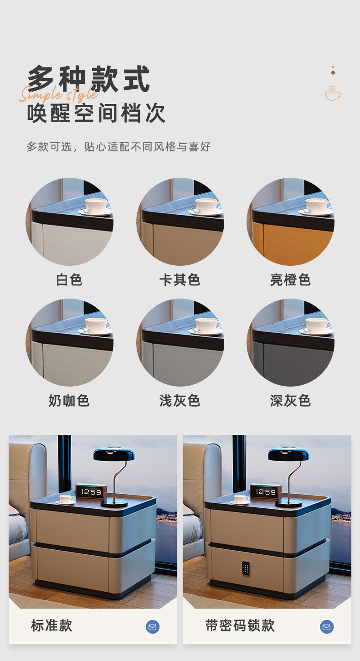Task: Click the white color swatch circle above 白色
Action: [69, 222]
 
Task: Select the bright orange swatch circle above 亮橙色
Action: [290, 222]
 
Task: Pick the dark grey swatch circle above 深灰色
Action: [290, 342]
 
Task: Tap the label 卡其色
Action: [180, 279]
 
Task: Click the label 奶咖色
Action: [69, 400]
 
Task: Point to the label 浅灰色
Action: [180, 400]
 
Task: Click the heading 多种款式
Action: [89, 78]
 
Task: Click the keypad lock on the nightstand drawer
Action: [246, 568]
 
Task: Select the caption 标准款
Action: [51, 625]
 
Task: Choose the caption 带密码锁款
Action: [240, 625]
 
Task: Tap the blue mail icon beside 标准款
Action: [153, 627]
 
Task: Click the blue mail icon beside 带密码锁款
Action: [327, 627]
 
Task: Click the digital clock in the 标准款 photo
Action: [91, 491]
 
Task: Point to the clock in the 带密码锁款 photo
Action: [266, 491]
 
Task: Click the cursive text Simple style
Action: [58, 93]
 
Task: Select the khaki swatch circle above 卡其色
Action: [180, 222]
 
